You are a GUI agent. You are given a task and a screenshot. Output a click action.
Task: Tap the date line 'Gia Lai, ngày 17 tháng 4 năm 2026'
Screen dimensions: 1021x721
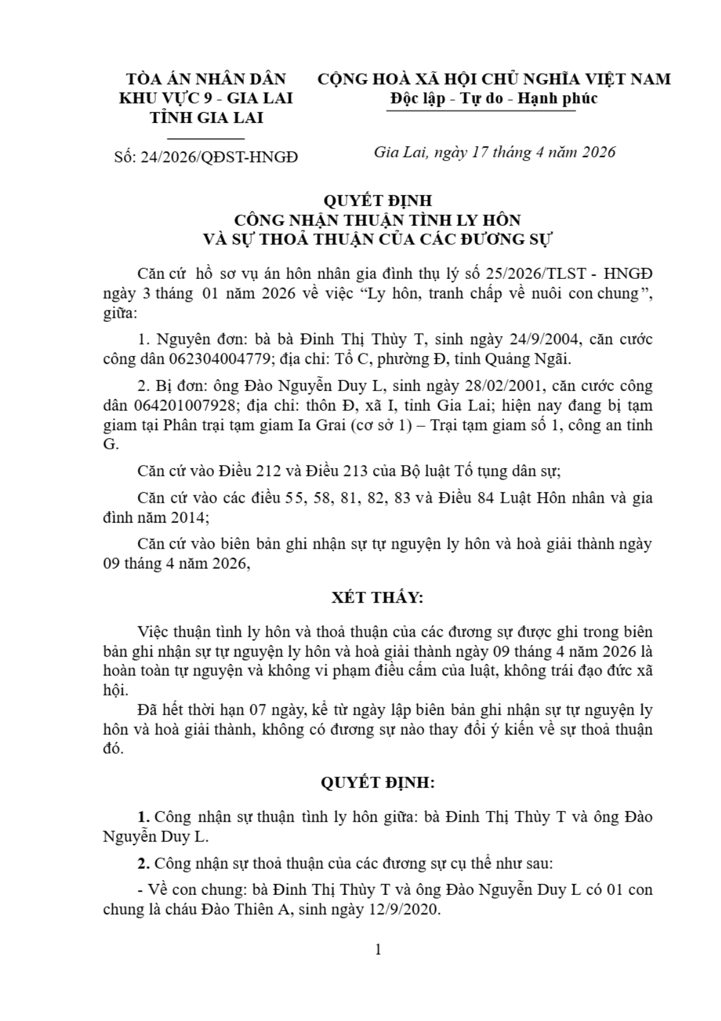(x=494, y=152)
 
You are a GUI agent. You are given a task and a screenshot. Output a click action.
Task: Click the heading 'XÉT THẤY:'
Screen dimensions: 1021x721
(x=377, y=598)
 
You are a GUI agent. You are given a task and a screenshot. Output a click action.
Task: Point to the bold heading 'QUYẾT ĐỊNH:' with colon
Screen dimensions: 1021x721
(x=377, y=783)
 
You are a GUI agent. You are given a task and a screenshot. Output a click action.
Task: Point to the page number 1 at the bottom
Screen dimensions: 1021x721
(x=378, y=950)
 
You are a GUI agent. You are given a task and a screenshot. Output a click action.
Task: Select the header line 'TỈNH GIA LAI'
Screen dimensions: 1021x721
(x=206, y=118)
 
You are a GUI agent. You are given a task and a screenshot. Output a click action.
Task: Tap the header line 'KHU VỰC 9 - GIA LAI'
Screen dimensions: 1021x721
(x=206, y=98)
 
